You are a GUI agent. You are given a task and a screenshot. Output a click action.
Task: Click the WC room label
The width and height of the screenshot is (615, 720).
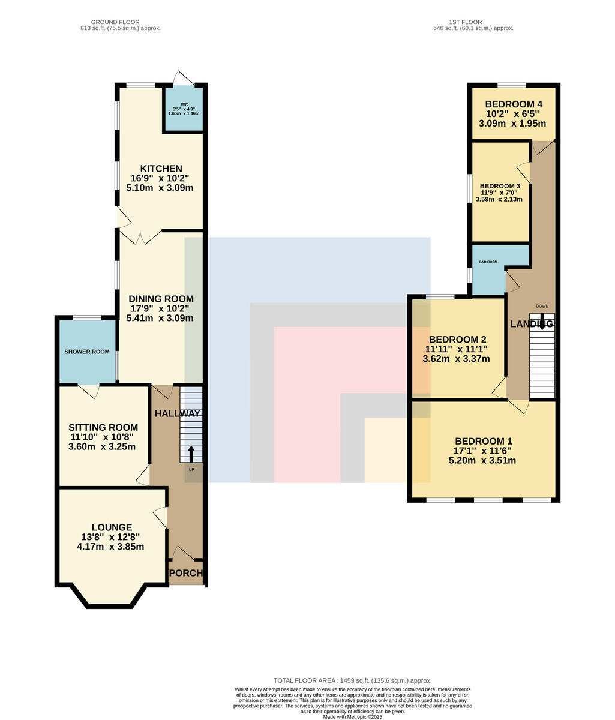point(184,104)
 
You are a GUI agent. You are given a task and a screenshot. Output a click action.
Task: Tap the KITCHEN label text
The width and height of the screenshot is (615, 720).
point(161,169)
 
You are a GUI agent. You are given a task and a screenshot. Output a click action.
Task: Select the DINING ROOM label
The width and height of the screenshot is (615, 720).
point(161,299)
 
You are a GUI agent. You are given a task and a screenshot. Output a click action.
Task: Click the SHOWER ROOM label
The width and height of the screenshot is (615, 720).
point(87,352)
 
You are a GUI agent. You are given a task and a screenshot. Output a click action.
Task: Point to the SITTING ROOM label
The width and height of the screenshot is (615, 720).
point(103,427)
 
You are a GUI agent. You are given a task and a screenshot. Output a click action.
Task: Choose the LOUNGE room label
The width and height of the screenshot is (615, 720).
point(112,527)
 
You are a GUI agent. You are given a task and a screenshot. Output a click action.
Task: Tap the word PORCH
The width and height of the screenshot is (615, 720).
point(185,573)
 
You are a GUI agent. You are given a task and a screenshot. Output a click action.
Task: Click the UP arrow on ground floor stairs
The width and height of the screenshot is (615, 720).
point(191,454)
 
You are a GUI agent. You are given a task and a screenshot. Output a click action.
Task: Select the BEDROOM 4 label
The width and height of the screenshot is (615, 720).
point(514,104)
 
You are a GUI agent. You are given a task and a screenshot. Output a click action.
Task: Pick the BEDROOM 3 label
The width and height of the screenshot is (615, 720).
point(500,187)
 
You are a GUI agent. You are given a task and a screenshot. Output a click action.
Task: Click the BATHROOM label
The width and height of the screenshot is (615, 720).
point(488,262)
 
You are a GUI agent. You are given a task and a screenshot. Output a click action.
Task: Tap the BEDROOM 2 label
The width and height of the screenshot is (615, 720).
point(457,339)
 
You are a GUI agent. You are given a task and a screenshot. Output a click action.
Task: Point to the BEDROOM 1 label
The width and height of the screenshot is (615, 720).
point(484,441)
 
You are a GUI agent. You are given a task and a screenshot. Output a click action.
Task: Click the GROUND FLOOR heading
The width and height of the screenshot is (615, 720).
point(115,22)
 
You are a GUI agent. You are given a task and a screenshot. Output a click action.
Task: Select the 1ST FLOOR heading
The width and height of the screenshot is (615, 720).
point(465,22)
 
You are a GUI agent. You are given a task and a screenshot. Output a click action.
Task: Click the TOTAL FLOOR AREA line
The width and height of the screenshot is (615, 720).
point(352,680)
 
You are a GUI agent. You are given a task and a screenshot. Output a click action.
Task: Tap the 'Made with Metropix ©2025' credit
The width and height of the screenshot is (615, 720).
point(352,717)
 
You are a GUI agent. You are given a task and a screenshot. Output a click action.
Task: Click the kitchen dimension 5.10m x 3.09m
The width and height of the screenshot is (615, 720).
point(160,188)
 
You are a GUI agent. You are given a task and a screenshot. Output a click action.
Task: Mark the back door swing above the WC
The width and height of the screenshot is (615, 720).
point(184,78)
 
